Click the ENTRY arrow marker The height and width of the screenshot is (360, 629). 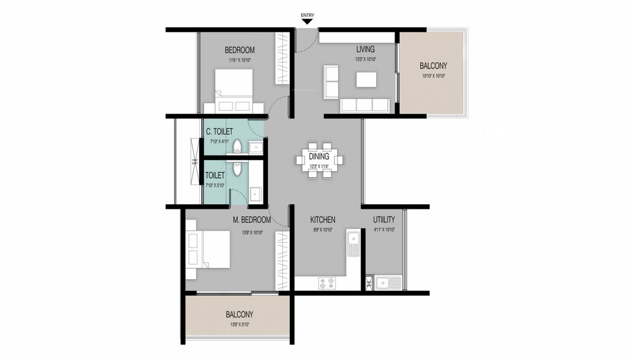[307, 21]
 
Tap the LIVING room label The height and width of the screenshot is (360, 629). [365, 49]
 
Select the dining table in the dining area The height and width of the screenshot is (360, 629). [320, 160]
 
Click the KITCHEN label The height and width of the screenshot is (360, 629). [323, 220]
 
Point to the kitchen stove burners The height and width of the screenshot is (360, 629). [327, 283]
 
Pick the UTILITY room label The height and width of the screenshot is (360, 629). [384, 220]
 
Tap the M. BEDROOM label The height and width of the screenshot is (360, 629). [252, 220]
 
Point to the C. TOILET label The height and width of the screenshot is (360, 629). [219, 132]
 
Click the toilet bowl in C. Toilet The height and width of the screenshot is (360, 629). [237, 146]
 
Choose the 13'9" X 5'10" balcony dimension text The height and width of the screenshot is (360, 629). [239, 324]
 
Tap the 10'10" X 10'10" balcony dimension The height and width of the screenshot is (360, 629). [433, 76]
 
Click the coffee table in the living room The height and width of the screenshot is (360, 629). [366, 79]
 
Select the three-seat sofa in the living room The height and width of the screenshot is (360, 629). [364, 105]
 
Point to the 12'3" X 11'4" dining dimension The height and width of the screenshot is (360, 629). [319, 166]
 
